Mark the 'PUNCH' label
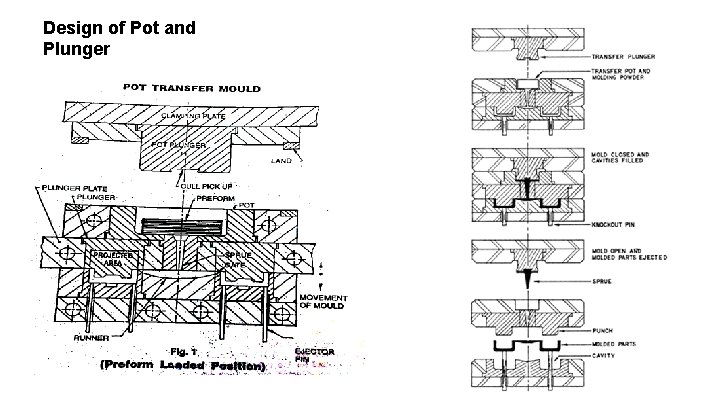click(604, 330)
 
